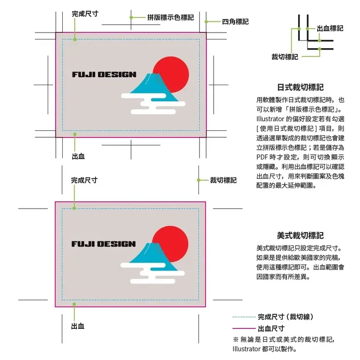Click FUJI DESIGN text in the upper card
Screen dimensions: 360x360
(104, 74)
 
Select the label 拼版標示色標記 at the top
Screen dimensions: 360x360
(170, 17)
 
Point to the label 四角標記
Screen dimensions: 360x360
(235, 21)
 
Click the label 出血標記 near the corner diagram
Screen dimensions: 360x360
(330, 28)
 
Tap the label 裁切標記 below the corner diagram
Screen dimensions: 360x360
(285, 57)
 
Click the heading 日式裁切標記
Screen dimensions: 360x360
(300, 88)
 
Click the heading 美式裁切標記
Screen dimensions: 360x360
(300, 235)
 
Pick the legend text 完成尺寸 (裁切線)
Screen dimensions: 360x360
(285, 317)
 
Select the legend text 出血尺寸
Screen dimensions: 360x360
(271, 328)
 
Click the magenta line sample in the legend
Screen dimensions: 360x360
(244, 328)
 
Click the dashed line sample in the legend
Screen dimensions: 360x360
(244, 317)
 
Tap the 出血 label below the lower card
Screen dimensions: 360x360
(78, 325)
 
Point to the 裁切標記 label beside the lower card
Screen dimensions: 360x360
(223, 180)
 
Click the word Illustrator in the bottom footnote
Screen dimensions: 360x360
(247, 349)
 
